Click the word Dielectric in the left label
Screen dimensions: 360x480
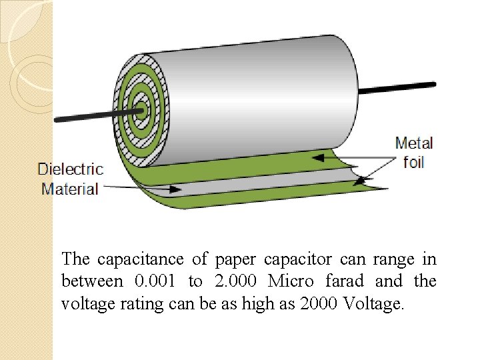click(70, 169)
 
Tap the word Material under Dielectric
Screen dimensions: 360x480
click(70, 189)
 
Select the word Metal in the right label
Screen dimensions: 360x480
click(413, 143)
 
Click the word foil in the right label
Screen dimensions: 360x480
click(413, 162)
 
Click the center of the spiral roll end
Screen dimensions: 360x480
click(141, 107)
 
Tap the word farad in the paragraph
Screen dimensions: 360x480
click(345, 281)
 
